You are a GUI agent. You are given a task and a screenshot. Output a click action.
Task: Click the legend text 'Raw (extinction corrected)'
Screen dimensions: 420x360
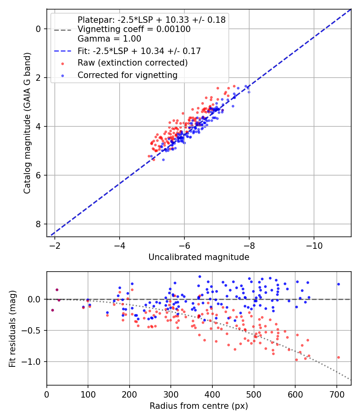tap(132, 63)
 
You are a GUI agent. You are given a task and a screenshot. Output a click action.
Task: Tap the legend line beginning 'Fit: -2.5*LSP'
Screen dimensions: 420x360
tap(139, 51)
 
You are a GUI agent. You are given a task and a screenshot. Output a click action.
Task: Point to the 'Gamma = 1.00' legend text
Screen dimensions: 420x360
tap(109, 39)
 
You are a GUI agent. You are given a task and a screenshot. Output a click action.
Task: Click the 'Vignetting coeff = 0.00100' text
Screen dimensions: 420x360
tap(134, 29)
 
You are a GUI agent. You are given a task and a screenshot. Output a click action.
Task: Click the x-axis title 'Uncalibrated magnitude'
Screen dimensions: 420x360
tap(199, 257)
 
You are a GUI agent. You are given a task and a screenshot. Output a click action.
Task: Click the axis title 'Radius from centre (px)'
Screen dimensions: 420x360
tap(199, 406)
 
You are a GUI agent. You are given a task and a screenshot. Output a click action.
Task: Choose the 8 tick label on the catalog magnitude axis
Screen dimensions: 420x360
tap(38, 224)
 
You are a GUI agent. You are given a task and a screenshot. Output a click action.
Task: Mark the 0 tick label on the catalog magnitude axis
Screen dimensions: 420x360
tap(38, 29)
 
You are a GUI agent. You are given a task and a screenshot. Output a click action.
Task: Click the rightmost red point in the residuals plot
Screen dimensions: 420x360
tap(338, 357)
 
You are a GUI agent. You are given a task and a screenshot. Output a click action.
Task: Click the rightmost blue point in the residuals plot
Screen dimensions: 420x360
tap(338, 284)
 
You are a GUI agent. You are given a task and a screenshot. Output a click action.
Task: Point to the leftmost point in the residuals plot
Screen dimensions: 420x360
tap(52, 310)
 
